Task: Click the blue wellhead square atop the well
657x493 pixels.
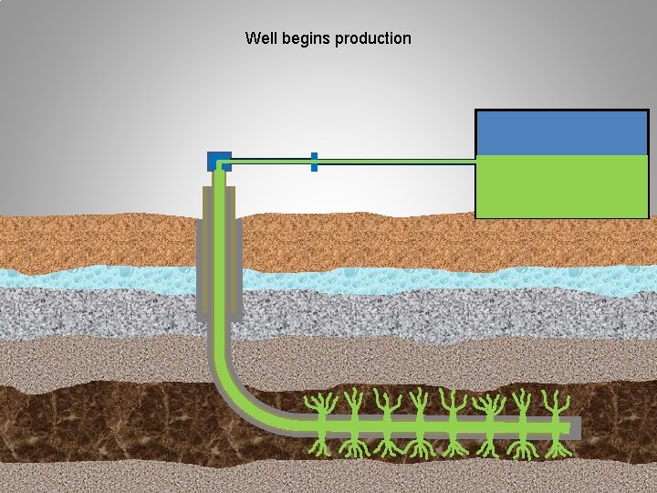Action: (219, 161)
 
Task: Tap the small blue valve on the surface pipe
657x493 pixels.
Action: (314, 162)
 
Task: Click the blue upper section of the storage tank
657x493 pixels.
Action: (562, 132)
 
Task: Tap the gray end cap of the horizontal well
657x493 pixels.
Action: (575, 426)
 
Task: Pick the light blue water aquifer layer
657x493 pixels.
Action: (411, 279)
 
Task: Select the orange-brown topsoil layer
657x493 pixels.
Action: (411, 242)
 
